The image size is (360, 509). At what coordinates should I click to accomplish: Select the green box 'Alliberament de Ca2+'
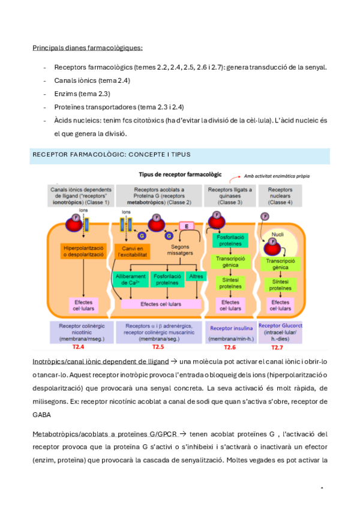[130, 280]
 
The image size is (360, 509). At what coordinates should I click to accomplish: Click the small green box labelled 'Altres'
[196, 277]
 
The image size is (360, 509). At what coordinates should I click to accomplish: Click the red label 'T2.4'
[79, 347]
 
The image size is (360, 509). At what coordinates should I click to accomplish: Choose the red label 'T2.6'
[230, 348]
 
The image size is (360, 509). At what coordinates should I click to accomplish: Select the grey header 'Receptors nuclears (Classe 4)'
[280, 195]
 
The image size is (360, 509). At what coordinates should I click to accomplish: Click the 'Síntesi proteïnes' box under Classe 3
[230, 283]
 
